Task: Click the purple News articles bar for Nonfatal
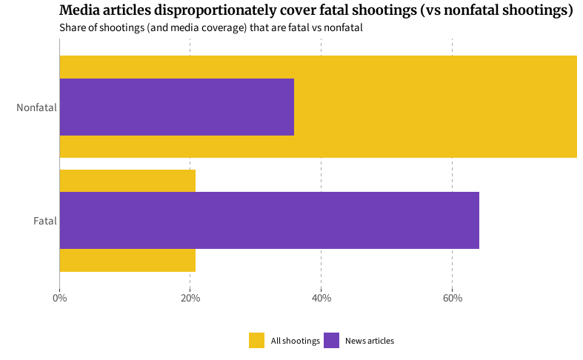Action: click(x=176, y=107)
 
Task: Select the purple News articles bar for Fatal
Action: click(x=269, y=220)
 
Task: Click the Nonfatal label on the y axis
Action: click(x=36, y=107)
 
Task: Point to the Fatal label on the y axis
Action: click(x=44, y=221)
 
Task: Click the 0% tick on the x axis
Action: click(x=59, y=299)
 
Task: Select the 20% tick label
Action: click(x=190, y=299)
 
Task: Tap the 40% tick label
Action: click(x=321, y=299)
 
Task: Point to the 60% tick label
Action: click(x=452, y=299)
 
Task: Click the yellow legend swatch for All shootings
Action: click(x=256, y=341)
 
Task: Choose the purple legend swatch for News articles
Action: click(x=331, y=341)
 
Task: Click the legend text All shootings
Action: click(x=295, y=341)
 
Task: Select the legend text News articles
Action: click(x=370, y=341)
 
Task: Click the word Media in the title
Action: click(x=79, y=11)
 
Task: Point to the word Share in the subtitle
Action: click(x=73, y=27)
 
